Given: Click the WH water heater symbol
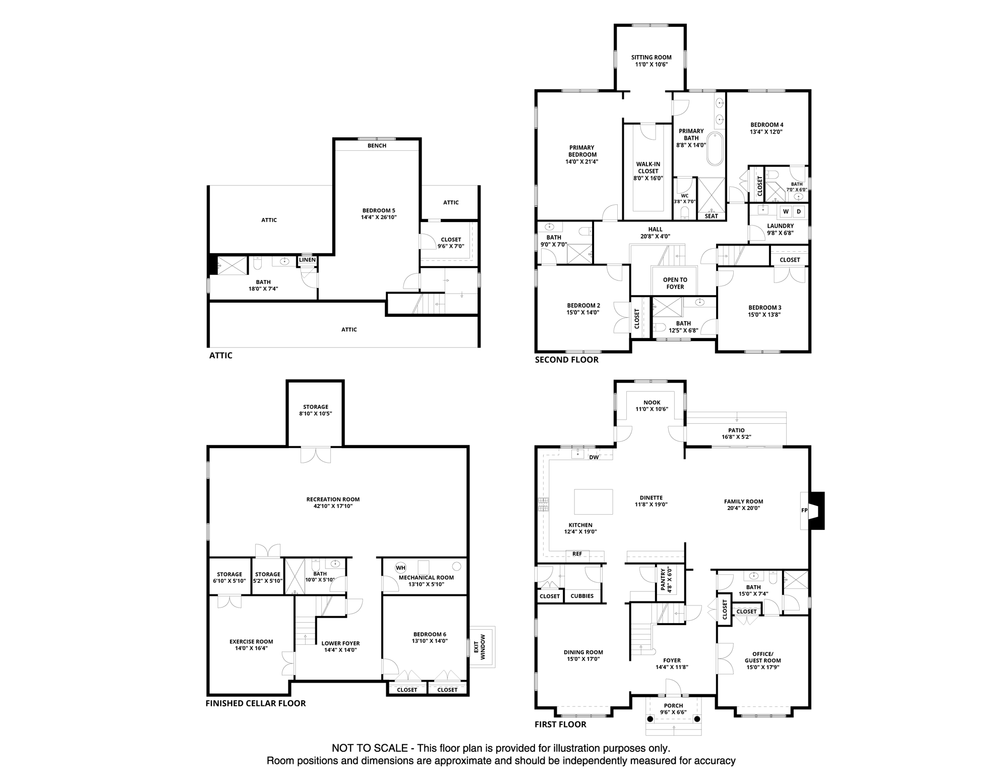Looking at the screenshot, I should click(x=400, y=568).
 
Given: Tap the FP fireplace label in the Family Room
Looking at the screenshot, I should click(x=804, y=510).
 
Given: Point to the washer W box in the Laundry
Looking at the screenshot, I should click(x=786, y=211).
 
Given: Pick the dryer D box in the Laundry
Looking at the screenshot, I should click(x=799, y=211).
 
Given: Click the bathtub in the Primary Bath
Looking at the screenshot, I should click(x=715, y=149).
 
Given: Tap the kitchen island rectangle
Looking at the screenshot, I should click(x=594, y=502).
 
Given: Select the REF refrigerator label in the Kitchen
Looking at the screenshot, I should click(x=577, y=554).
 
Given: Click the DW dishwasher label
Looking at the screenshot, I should click(x=594, y=457).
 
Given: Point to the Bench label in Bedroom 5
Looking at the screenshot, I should click(x=377, y=145).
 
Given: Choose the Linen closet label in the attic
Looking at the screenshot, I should click(x=307, y=260).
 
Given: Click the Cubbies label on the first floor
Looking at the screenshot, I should click(x=581, y=596).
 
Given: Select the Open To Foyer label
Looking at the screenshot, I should click(x=675, y=283).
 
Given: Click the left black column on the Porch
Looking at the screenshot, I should click(x=650, y=718).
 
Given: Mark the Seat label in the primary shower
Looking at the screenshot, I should click(x=711, y=216).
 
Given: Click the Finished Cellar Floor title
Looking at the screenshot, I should click(x=255, y=703).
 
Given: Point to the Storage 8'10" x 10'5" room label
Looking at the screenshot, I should click(x=315, y=410).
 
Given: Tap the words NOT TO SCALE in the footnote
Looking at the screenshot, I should click(x=369, y=748).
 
